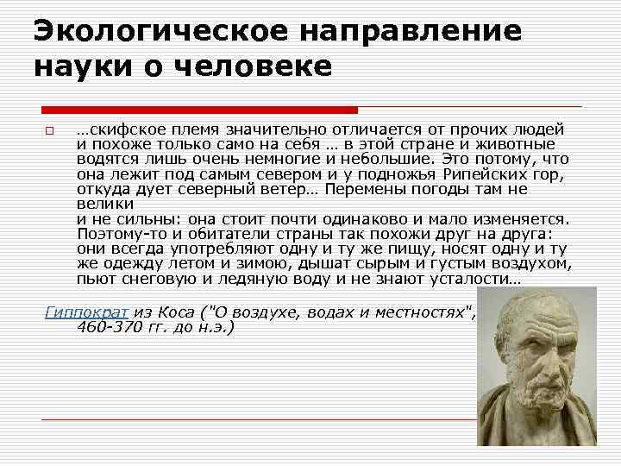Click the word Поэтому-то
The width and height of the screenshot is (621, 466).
(x=120, y=234)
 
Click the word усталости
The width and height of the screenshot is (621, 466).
(x=467, y=280)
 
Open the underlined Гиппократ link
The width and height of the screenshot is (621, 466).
(x=85, y=312)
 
